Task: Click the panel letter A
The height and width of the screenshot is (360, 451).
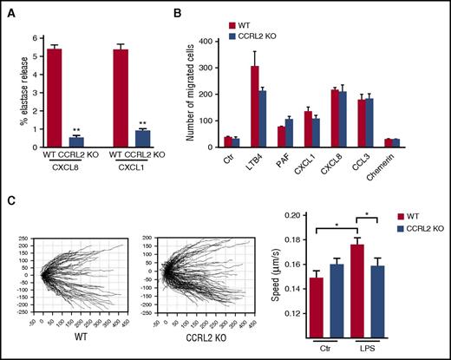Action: (x=10, y=10)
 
